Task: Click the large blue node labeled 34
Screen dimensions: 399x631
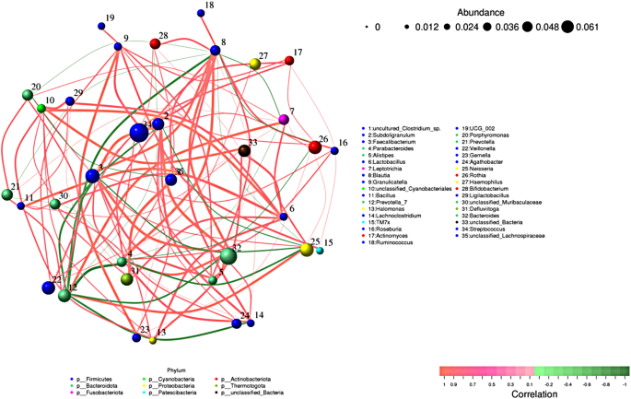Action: point(139,134)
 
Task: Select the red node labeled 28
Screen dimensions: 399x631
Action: point(155,43)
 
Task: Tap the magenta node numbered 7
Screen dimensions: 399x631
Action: point(284,120)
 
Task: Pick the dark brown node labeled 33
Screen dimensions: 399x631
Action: point(244,149)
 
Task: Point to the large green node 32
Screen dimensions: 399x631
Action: point(228,256)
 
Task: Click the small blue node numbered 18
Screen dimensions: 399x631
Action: point(201,13)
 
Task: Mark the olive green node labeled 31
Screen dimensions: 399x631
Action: point(127,278)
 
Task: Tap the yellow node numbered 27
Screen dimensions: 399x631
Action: point(255,64)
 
